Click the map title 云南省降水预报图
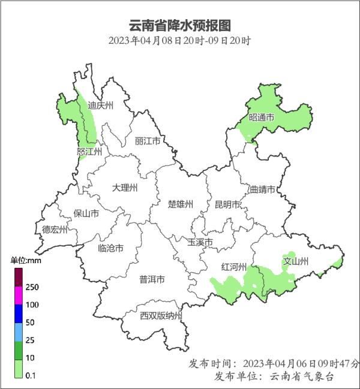(180, 26)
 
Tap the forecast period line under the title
(180, 41)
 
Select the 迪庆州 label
(100, 105)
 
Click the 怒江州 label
(89, 152)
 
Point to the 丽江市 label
(148, 141)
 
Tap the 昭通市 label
(261, 118)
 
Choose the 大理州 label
(125, 188)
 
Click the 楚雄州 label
(181, 204)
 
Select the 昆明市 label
(227, 205)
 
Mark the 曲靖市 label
(262, 189)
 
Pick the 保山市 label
(86, 213)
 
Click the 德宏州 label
(55, 229)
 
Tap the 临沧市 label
(110, 248)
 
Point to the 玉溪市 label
(200, 242)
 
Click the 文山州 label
(295, 261)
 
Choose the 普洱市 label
(152, 279)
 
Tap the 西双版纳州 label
(161, 315)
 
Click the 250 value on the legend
(32, 287)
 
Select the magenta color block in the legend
(19, 295)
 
